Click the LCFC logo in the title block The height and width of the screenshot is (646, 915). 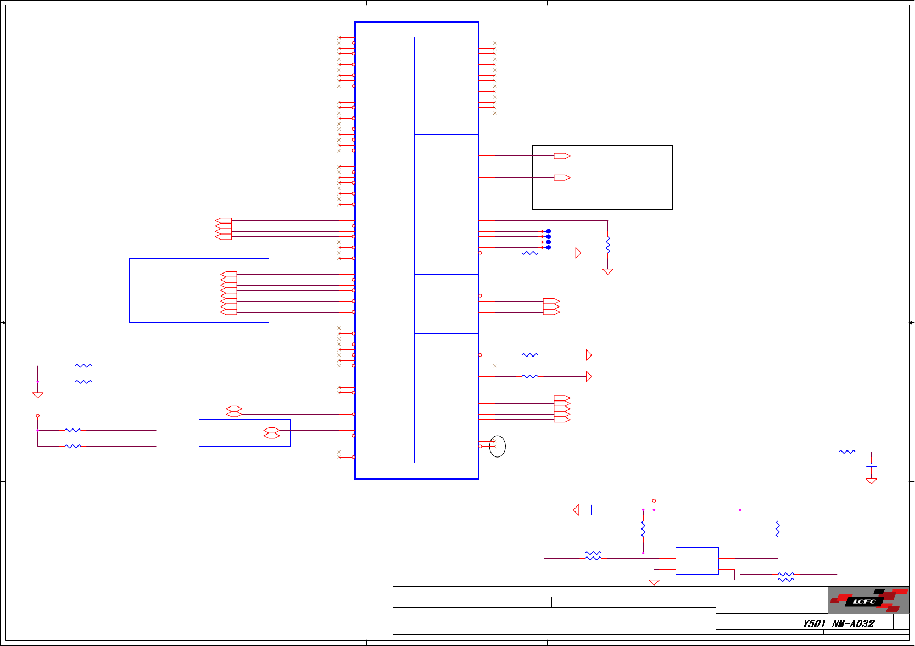868,600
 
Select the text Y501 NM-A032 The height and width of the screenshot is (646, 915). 838,623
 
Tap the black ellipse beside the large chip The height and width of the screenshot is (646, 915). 497,446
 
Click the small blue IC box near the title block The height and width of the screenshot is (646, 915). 697,561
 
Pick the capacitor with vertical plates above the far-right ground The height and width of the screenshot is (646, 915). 871,465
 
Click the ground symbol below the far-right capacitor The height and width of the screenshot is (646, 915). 871,481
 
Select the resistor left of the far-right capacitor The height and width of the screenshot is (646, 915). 847,452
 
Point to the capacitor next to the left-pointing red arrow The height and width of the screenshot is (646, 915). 592,510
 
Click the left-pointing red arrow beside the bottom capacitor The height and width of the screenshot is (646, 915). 576,510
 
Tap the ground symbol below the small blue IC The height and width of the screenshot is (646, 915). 654,582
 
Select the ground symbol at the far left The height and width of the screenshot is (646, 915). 37,395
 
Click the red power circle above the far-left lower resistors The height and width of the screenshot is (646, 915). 37,416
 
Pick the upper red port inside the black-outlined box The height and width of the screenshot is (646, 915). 562,156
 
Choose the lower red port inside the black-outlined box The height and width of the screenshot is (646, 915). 562,177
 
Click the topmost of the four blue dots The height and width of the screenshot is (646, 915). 548,231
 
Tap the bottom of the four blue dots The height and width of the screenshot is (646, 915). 548,248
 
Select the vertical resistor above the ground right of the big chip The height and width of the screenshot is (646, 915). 607,244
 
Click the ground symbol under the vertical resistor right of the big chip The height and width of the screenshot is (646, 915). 607,271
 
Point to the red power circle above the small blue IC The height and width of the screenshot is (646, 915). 654,501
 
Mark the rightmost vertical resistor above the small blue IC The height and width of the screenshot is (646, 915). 778,528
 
